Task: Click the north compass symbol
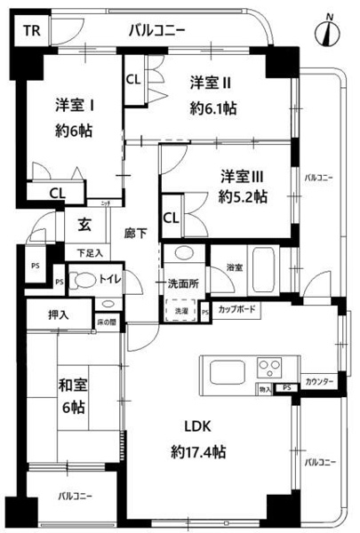click(x=331, y=32)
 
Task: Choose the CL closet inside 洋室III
click(x=170, y=216)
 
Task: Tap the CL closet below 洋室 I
click(x=56, y=192)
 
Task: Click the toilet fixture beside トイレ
click(x=80, y=280)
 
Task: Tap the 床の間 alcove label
click(x=107, y=322)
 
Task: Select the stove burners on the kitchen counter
click(x=269, y=365)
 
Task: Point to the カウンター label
click(x=319, y=381)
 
